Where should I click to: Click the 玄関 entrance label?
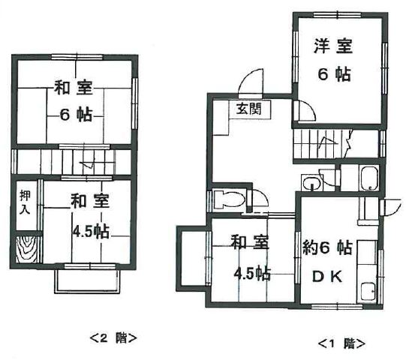249,109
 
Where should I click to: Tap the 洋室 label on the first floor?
333,46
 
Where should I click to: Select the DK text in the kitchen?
327,277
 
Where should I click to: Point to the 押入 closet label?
26,202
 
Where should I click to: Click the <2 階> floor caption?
113,338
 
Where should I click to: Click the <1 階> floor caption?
341,343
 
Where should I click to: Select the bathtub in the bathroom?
368,178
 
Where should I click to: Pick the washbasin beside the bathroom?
311,183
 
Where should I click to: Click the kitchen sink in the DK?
368,292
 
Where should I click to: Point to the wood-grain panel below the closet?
26,250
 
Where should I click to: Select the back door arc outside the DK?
393,206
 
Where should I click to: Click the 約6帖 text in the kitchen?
327,247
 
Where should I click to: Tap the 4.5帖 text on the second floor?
91,232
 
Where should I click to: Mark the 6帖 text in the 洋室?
334,74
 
